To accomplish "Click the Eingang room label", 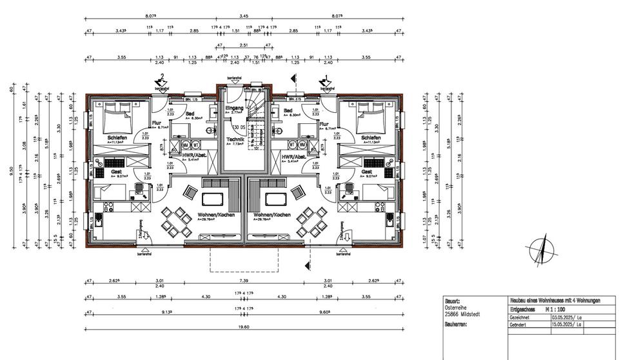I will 234,108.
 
